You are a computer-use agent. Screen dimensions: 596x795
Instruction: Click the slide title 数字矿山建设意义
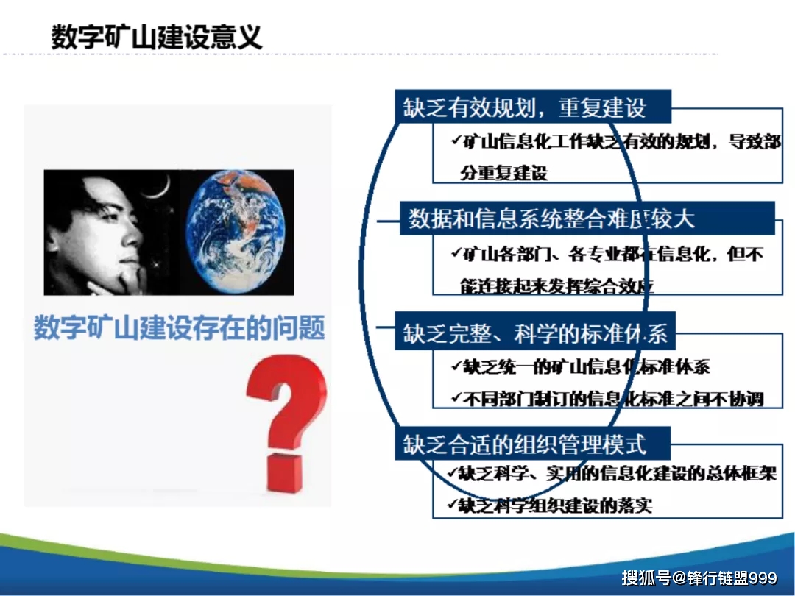click(157, 36)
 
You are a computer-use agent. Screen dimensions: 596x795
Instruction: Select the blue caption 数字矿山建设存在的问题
click(180, 328)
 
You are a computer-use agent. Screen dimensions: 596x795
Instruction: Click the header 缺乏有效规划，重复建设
click(524, 107)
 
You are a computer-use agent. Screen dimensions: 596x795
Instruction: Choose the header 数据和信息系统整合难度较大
click(552, 219)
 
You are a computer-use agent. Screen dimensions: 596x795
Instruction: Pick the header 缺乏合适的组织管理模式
click(524, 444)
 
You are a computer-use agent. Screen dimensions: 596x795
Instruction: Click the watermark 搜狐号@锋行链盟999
click(699, 578)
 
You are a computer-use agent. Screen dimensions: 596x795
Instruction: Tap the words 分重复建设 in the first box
click(504, 174)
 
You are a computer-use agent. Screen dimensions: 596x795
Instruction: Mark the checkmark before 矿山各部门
click(455, 252)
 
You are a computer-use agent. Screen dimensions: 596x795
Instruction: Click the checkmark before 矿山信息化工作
click(455, 140)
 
